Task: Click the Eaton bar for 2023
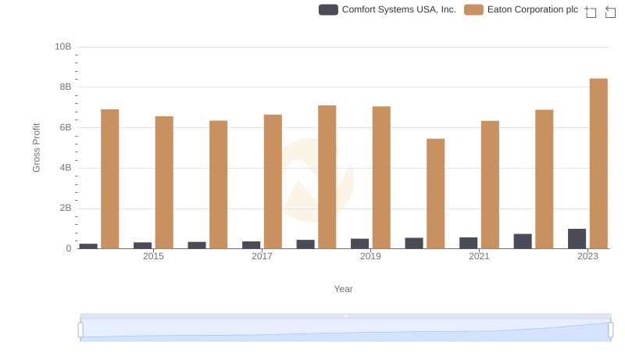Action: pyautogui.click(x=598, y=163)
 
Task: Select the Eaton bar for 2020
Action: pyautogui.click(x=435, y=194)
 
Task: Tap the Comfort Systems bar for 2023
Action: pyautogui.click(x=577, y=239)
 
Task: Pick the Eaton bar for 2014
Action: pyautogui.click(x=110, y=179)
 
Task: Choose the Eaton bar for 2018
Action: pyautogui.click(x=327, y=177)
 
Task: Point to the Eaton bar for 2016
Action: pyautogui.click(x=219, y=184)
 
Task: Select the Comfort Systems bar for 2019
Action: pyautogui.click(x=359, y=244)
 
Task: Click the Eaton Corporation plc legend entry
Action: pyautogui.click(x=521, y=9)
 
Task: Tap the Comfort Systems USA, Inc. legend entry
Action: pyautogui.click(x=387, y=9)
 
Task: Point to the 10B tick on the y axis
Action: pyautogui.click(x=62, y=47)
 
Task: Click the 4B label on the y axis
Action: pyautogui.click(x=65, y=168)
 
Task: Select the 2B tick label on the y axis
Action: pyautogui.click(x=65, y=209)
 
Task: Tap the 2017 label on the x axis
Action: pyautogui.click(x=262, y=256)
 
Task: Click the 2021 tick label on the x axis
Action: pyautogui.click(x=479, y=256)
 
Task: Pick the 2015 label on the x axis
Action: pyautogui.click(x=153, y=256)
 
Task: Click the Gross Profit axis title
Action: pyautogui.click(x=36, y=148)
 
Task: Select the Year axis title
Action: pyautogui.click(x=344, y=289)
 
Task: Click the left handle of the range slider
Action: pyautogui.click(x=80, y=330)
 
